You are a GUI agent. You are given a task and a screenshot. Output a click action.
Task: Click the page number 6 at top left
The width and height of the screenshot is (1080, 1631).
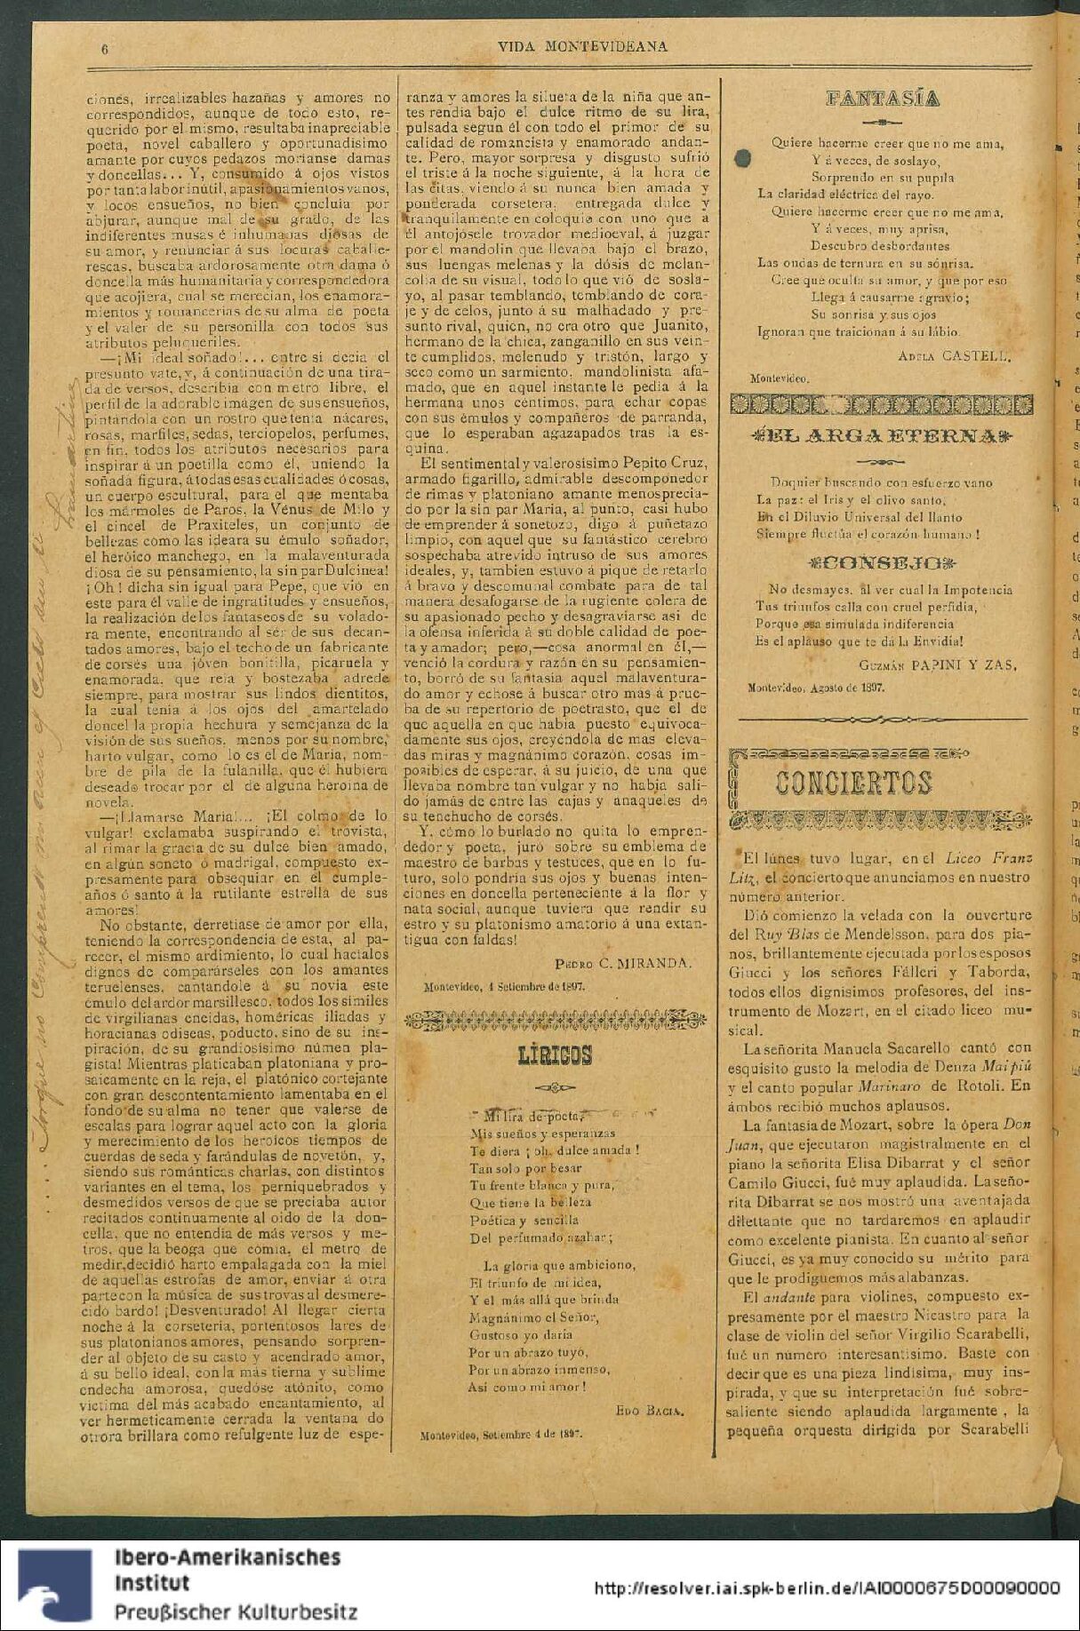tap(105, 50)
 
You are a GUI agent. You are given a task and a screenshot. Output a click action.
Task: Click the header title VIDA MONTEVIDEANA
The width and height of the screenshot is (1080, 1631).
tap(582, 47)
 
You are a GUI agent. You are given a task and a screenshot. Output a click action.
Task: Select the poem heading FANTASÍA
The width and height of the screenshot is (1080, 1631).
tap(882, 99)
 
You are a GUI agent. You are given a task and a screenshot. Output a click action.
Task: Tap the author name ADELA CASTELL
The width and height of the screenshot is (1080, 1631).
tap(955, 356)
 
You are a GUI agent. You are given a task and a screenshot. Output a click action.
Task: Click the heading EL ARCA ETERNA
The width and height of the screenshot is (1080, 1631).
tap(882, 436)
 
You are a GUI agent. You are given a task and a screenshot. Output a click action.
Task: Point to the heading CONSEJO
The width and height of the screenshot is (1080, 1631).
tap(882, 563)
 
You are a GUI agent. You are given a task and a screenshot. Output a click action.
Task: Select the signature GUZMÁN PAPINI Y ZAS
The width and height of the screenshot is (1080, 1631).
tap(938, 664)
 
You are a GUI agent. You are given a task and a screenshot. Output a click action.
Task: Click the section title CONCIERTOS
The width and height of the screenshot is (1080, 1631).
tap(853, 783)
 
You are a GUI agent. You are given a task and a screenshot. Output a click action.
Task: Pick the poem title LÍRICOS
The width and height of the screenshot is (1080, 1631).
tap(555, 1055)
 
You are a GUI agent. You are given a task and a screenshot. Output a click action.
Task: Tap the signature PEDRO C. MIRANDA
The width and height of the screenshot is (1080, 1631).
tap(622, 963)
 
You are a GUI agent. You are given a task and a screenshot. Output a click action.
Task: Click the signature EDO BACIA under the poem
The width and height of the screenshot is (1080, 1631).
tap(649, 1411)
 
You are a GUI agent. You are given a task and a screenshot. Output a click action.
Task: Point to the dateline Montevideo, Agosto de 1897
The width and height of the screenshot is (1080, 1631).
tap(815, 687)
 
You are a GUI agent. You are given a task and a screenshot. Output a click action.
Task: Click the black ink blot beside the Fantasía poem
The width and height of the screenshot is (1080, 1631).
tap(743, 158)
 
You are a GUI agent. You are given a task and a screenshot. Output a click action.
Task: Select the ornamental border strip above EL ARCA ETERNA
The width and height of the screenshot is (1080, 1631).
tap(882, 405)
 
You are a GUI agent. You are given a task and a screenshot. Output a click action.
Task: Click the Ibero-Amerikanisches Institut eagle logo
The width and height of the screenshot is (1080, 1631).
tap(55, 1587)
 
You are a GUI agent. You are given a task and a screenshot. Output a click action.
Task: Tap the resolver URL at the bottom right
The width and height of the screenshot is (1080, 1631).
tap(826, 1588)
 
